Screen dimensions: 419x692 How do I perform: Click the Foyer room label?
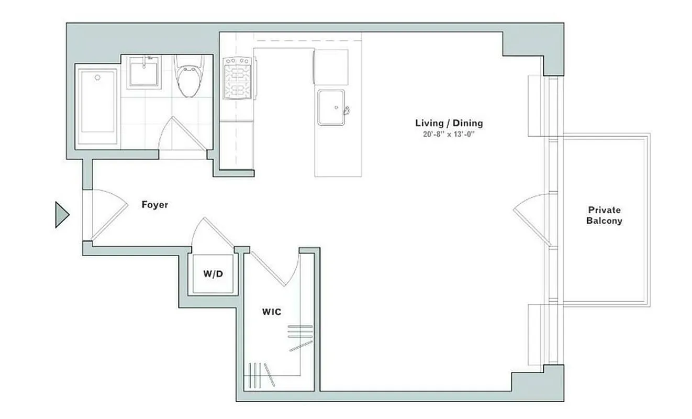(155, 205)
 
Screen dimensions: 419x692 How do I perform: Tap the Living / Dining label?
(449, 124)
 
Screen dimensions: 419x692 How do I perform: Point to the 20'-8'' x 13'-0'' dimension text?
(449, 134)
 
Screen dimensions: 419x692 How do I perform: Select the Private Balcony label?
(604, 215)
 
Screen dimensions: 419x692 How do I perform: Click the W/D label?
(214, 273)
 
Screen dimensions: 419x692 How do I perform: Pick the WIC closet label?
(271, 312)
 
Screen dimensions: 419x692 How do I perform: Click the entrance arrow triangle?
(62, 215)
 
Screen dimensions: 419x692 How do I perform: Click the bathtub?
(98, 107)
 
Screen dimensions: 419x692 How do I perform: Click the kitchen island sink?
(331, 107)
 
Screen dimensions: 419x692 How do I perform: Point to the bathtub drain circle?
(97, 78)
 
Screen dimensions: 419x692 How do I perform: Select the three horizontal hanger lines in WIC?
(300, 331)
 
